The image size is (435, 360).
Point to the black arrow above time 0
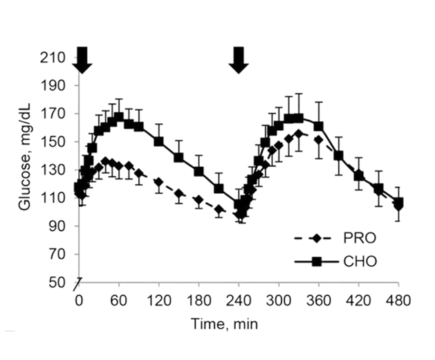coord(82,60)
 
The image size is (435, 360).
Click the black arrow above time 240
coord(239,60)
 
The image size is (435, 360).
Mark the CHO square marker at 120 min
coord(159,141)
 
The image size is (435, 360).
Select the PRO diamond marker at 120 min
coord(159,183)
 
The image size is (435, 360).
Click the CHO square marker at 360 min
coord(319,125)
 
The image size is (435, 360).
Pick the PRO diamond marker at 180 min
coord(199,200)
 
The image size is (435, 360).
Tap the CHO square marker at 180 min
coord(199,171)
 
